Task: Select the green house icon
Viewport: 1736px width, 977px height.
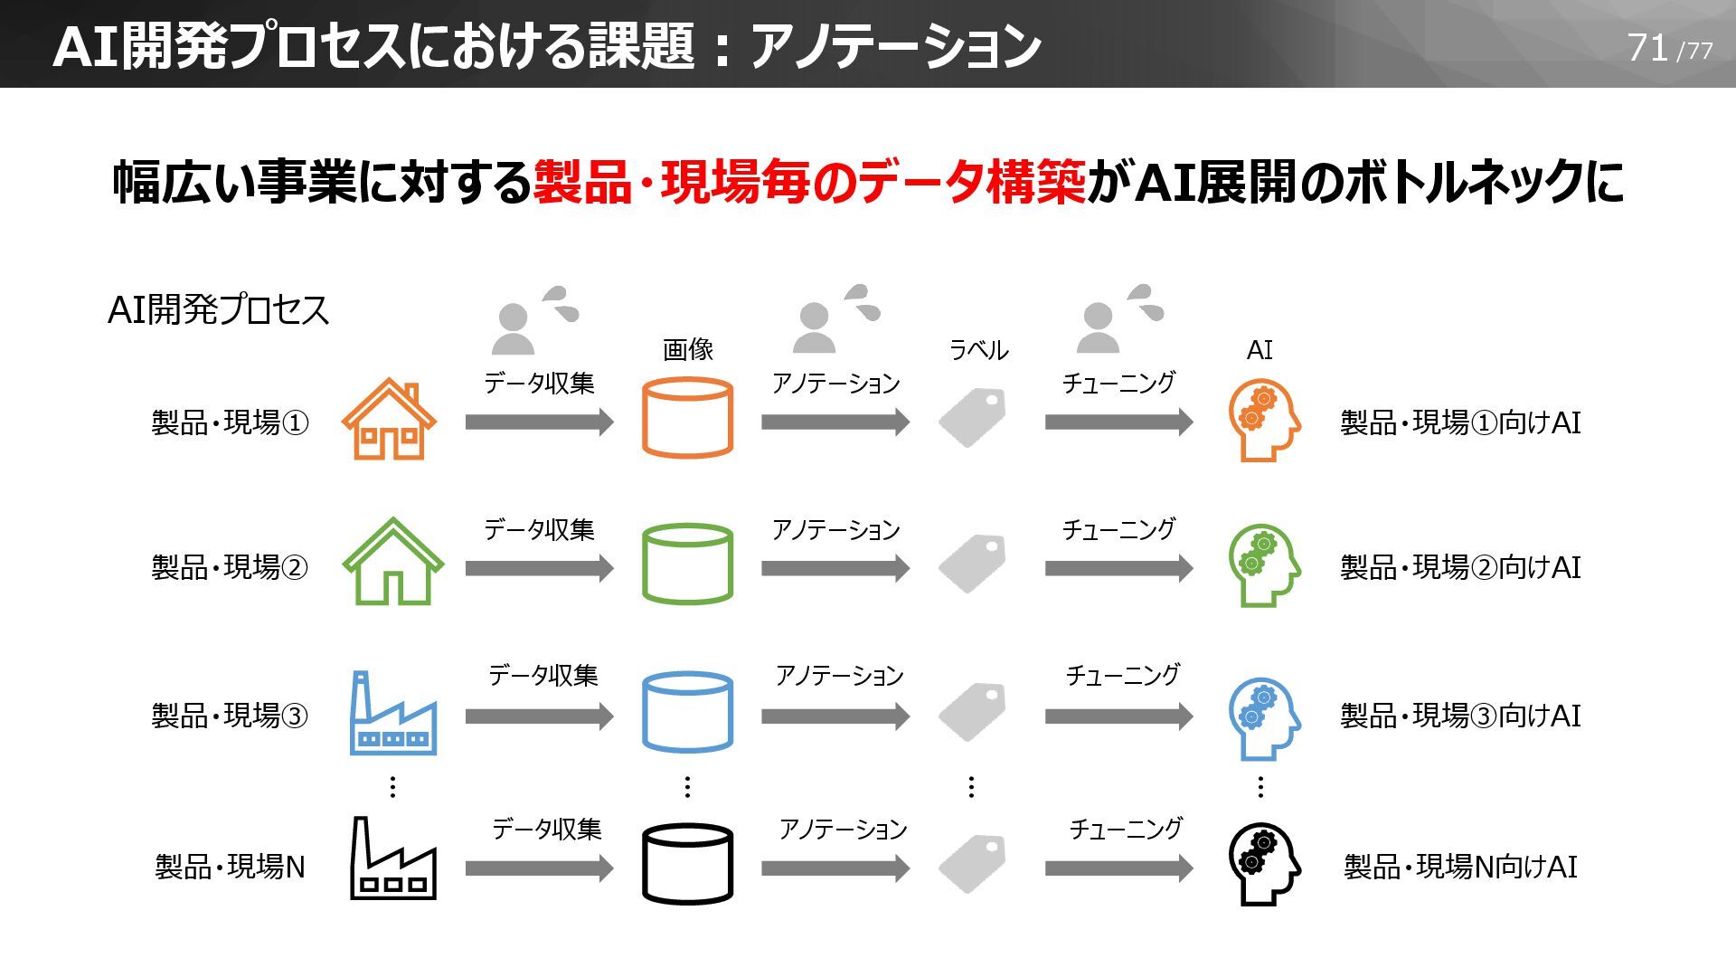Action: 392,562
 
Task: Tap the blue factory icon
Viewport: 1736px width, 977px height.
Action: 392,714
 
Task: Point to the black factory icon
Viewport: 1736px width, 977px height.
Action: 392,859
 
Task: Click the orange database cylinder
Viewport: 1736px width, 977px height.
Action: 687,417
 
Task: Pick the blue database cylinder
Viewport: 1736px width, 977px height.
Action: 687,712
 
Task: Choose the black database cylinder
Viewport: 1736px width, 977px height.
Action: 687,863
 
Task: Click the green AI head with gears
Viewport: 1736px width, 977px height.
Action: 1263,565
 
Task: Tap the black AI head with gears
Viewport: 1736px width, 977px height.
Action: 1263,864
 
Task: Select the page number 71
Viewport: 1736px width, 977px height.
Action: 1647,48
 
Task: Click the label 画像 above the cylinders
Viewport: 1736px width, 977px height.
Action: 688,349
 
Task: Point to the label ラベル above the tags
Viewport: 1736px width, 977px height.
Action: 978,350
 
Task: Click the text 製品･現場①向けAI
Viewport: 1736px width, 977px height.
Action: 1459,422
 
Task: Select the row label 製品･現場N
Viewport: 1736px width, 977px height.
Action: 230,867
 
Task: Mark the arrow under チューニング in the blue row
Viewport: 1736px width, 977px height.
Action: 1118,716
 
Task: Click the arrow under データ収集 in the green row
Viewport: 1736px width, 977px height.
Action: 539,568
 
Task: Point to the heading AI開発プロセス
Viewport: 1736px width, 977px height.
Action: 218,309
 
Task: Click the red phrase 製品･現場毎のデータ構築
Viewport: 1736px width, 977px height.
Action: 808,182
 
